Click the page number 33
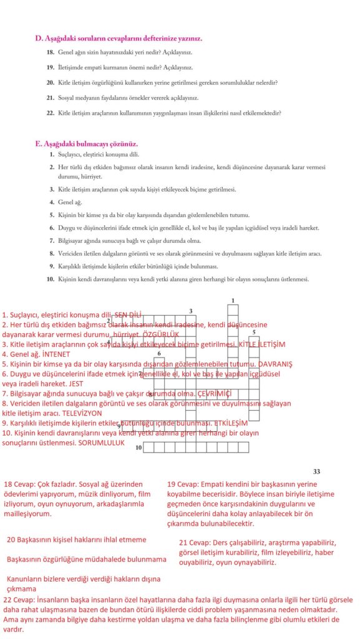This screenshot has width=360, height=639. tap(316, 471)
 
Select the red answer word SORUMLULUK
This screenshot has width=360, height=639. tap(101, 442)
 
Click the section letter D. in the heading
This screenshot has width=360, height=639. tap(38, 38)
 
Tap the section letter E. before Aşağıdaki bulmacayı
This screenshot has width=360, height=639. tap(38, 143)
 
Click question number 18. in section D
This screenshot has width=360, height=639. tap(51, 53)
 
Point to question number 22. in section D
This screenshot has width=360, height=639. tap(51, 113)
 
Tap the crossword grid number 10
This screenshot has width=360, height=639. tap(139, 447)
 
